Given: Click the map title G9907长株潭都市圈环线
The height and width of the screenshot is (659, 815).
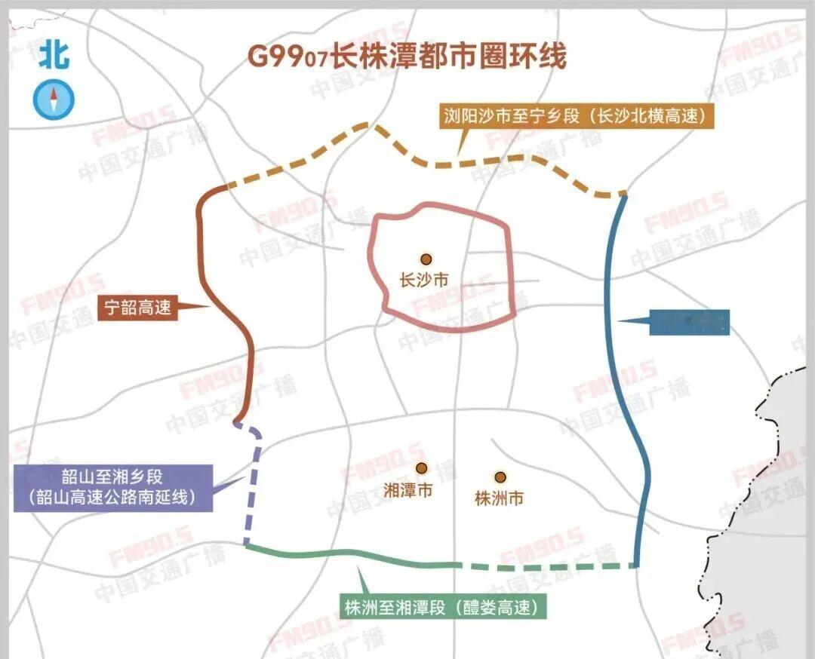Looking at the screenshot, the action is (x=407, y=57).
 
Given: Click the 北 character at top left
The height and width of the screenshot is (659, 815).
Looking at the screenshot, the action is (x=54, y=55).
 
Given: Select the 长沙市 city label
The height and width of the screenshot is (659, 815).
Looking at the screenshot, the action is (x=423, y=280).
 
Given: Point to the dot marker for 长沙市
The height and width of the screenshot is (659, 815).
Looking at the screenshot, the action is (x=426, y=259).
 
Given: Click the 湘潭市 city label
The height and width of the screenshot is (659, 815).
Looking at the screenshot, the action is (x=408, y=491).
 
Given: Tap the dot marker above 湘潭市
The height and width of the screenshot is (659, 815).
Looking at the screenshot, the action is (x=421, y=468).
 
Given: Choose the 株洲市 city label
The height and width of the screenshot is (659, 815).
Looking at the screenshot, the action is (x=499, y=498).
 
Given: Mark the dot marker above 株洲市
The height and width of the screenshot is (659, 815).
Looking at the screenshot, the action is (x=500, y=477).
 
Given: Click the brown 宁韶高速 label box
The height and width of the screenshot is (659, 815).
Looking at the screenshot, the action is (x=139, y=308).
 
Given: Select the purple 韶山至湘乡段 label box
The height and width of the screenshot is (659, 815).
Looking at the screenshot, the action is (x=113, y=487).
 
